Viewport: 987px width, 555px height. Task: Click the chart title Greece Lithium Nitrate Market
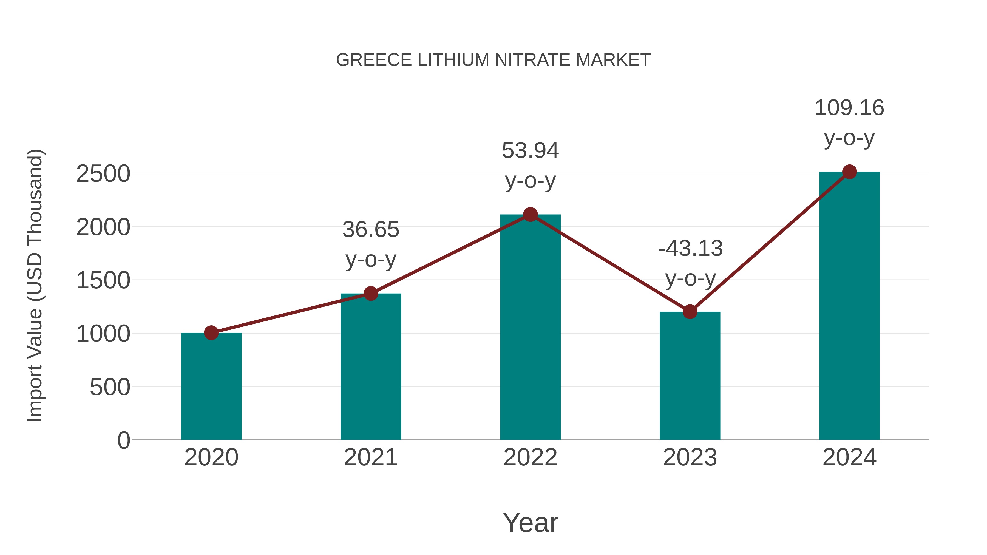pyautogui.click(x=493, y=60)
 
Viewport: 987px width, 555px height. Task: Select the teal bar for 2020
pyautogui.click(x=211, y=387)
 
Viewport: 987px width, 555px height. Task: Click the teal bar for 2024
pyautogui.click(x=849, y=306)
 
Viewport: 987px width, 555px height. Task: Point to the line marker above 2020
pyautogui.click(x=211, y=333)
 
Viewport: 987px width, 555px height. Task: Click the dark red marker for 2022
pyautogui.click(x=530, y=215)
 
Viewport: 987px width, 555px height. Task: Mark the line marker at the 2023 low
pyautogui.click(x=690, y=312)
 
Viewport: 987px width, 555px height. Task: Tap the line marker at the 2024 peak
pyautogui.click(x=849, y=172)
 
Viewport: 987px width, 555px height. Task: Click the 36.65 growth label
pyautogui.click(x=370, y=230)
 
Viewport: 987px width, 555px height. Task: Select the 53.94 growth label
pyautogui.click(x=530, y=150)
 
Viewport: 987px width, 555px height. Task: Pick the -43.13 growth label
pyautogui.click(x=690, y=249)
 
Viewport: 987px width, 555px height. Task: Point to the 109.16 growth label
pyautogui.click(x=849, y=108)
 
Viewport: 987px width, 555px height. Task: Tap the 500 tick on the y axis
pyautogui.click(x=110, y=387)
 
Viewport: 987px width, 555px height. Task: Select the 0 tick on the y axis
pyautogui.click(x=123, y=440)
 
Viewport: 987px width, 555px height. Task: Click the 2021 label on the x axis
pyautogui.click(x=370, y=457)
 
